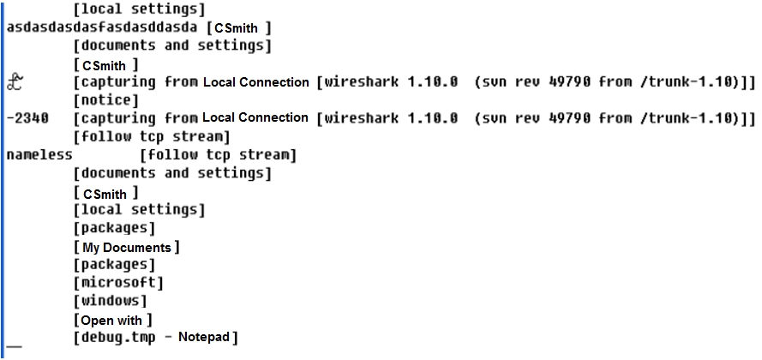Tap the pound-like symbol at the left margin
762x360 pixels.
pyautogui.click(x=15, y=82)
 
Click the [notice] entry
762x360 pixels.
pyautogui.click(x=106, y=100)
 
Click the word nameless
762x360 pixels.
pyautogui.click(x=39, y=155)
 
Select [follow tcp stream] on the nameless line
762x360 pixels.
pyautogui.click(x=217, y=155)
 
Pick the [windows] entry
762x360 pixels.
pyautogui.click(x=111, y=301)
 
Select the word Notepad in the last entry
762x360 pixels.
pyautogui.click(x=204, y=338)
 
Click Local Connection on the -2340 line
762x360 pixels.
pyautogui.click(x=255, y=118)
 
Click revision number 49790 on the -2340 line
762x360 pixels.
pyautogui.click(x=561, y=118)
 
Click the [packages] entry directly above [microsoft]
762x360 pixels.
pyautogui.click(x=114, y=265)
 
